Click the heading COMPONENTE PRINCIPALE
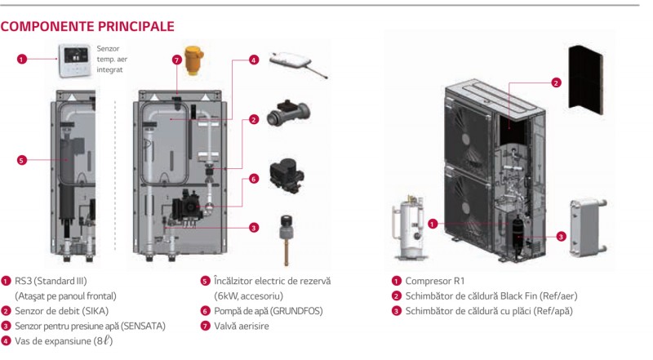click(x=87, y=26)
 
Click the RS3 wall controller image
click(x=74, y=54)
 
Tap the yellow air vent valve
click(x=194, y=59)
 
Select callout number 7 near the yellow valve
click(x=175, y=60)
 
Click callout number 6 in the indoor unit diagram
click(x=254, y=179)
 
